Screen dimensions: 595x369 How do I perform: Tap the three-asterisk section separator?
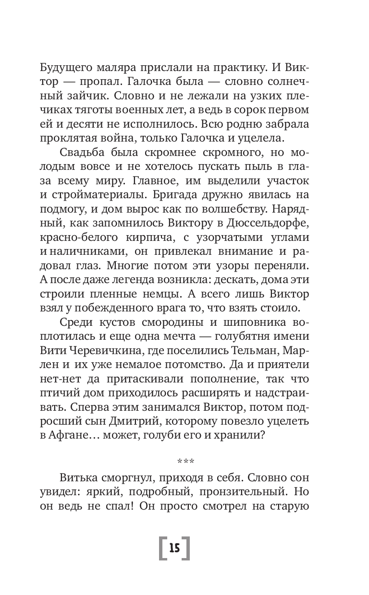(x=185, y=462)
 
